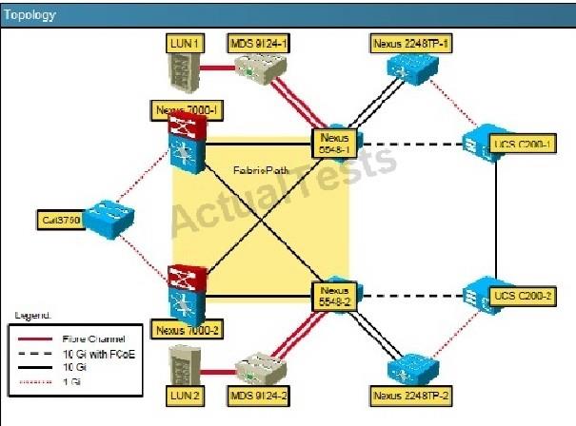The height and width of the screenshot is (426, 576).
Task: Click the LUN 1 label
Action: [178, 42]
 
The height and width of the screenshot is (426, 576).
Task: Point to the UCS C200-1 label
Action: [520, 145]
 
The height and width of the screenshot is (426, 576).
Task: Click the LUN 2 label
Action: [179, 392]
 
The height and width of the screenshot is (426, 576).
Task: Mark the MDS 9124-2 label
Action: [256, 392]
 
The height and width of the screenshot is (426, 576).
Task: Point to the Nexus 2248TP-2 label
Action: [410, 392]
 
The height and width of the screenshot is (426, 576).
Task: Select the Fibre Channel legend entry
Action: [92, 337]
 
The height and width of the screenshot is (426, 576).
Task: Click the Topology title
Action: [30, 14]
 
